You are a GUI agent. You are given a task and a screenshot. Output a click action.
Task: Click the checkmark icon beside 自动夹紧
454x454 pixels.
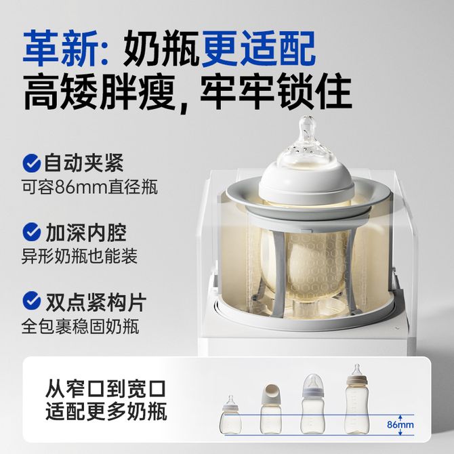click(x=32, y=163)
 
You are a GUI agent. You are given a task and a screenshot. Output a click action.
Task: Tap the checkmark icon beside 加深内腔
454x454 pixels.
click(x=32, y=232)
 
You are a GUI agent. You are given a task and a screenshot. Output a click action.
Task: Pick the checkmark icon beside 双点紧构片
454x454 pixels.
click(x=32, y=300)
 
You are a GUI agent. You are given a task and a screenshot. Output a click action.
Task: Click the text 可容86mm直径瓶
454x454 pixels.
click(x=89, y=187)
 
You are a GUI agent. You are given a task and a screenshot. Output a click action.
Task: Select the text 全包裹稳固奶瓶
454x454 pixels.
click(x=80, y=326)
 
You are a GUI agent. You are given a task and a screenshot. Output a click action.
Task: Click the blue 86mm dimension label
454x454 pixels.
click(x=400, y=425)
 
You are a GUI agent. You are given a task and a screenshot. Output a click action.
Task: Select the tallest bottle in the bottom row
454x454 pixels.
click(x=356, y=399)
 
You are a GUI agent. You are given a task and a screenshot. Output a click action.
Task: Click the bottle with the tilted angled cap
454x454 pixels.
click(x=271, y=409)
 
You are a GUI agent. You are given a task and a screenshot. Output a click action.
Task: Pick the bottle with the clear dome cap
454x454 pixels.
click(x=312, y=404)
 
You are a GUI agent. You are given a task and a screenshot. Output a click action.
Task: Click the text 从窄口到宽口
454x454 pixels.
click(x=106, y=388)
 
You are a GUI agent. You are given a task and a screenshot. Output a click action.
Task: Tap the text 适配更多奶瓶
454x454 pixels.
click(x=106, y=411)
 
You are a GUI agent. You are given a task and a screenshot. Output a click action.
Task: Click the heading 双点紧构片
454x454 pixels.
click(x=96, y=302)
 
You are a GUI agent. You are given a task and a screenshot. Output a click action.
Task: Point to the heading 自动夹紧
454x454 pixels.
click(x=83, y=163)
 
